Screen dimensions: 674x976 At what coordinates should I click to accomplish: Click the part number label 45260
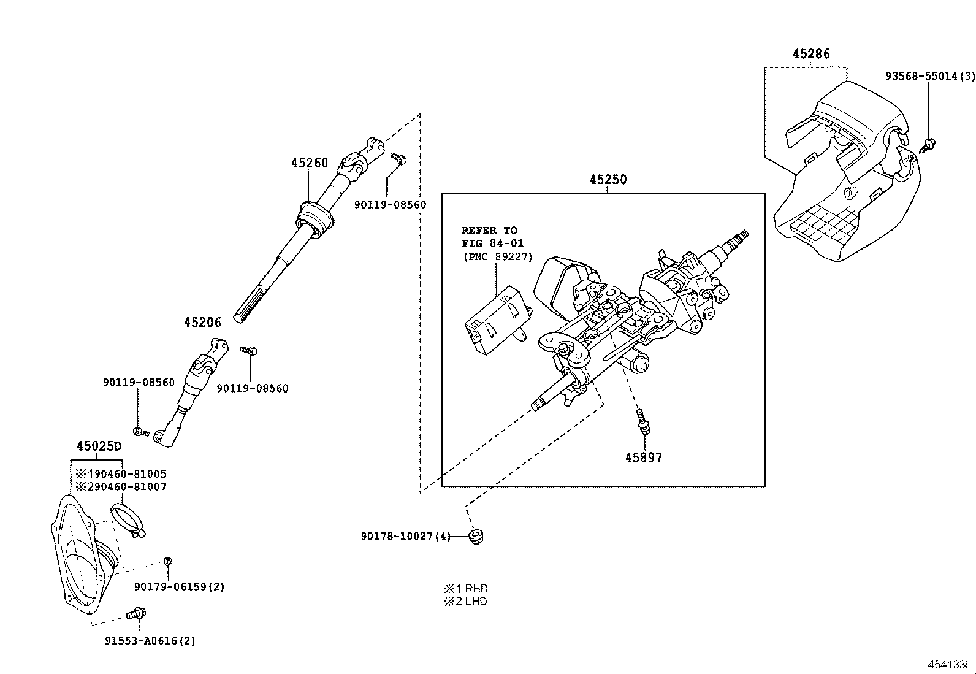tap(310, 163)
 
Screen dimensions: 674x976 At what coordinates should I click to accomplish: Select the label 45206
tap(202, 322)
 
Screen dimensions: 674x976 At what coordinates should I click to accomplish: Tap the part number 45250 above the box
tap(608, 180)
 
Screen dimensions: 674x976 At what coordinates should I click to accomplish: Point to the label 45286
tap(811, 54)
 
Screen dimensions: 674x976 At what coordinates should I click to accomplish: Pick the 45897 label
tap(644, 458)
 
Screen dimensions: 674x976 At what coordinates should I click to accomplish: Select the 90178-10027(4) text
tap(405, 537)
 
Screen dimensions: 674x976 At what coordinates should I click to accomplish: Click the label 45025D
tap(99, 446)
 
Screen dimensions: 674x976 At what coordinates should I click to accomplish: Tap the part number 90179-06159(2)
tap(180, 587)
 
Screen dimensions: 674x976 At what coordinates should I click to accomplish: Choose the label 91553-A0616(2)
tap(150, 641)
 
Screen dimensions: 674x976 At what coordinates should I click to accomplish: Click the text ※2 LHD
tap(465, 602)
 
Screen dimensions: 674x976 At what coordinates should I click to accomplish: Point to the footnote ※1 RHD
tap(465, 589)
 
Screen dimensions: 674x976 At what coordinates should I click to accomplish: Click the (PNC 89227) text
tap(497, 257)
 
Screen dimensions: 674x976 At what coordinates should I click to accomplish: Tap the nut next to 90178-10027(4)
tap(475, 537)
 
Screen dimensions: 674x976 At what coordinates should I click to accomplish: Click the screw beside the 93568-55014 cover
tap(929, 145)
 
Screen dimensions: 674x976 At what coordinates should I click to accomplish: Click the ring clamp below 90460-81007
tap(127, 518)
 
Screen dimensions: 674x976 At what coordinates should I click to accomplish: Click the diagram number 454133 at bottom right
tap(948, 664)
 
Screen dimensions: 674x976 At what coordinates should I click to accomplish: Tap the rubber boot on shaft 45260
tap(316, 218)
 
